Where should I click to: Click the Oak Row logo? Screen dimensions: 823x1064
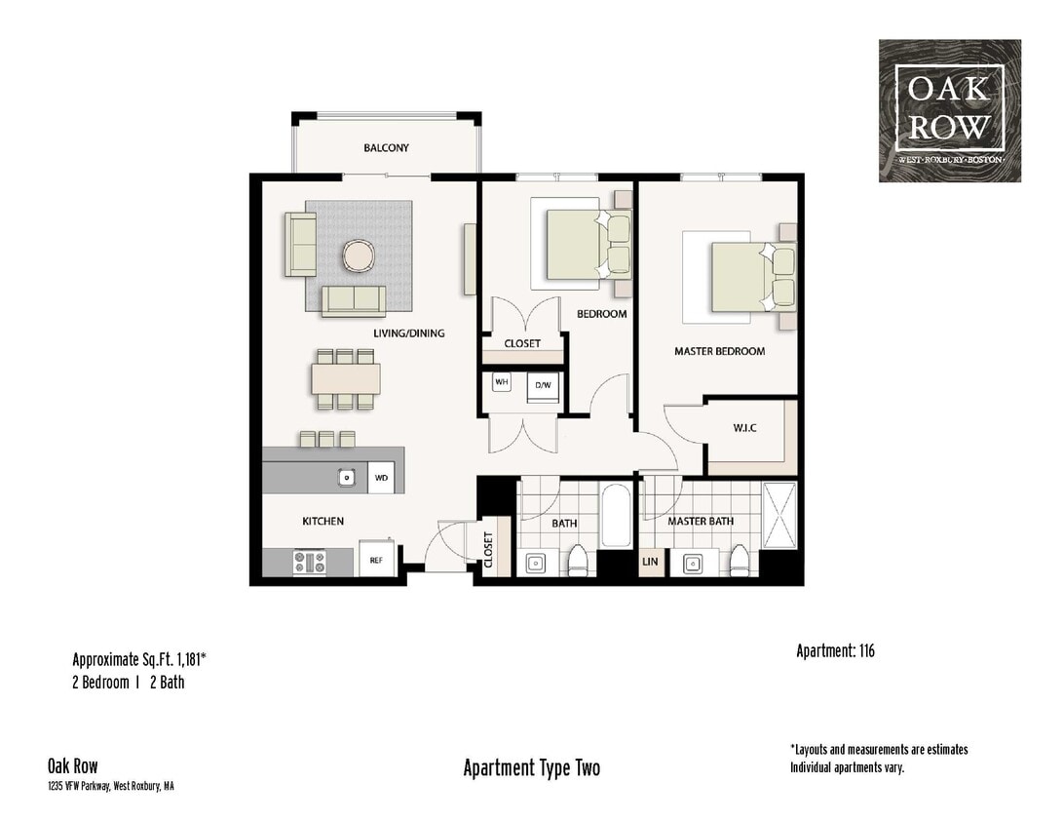click(x=949, y=110)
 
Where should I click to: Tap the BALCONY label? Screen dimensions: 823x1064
click(x=386, y=148)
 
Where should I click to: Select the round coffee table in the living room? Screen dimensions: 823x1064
click(x=358, y=256)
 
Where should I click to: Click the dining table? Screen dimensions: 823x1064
click(x=346, y=378)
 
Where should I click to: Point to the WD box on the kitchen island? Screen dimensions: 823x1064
click(x=381, y=478)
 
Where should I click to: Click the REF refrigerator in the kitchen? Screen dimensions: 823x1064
click(x=375, y=560)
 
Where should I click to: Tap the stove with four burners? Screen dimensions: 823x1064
click(x=310, y=562)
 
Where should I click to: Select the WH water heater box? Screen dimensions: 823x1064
click(x=502, y=382)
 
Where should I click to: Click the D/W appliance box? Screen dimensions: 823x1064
click(x=542, y=385)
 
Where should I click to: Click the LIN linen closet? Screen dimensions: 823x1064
click(x=650, y=563)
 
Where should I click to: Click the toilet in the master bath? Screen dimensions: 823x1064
click(x=740, y=560)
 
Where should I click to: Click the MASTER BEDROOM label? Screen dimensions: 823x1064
click(x=719, y=351)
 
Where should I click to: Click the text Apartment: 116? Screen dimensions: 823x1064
click(x=835, y=650)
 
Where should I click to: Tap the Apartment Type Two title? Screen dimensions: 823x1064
click(x=531, y=767)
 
